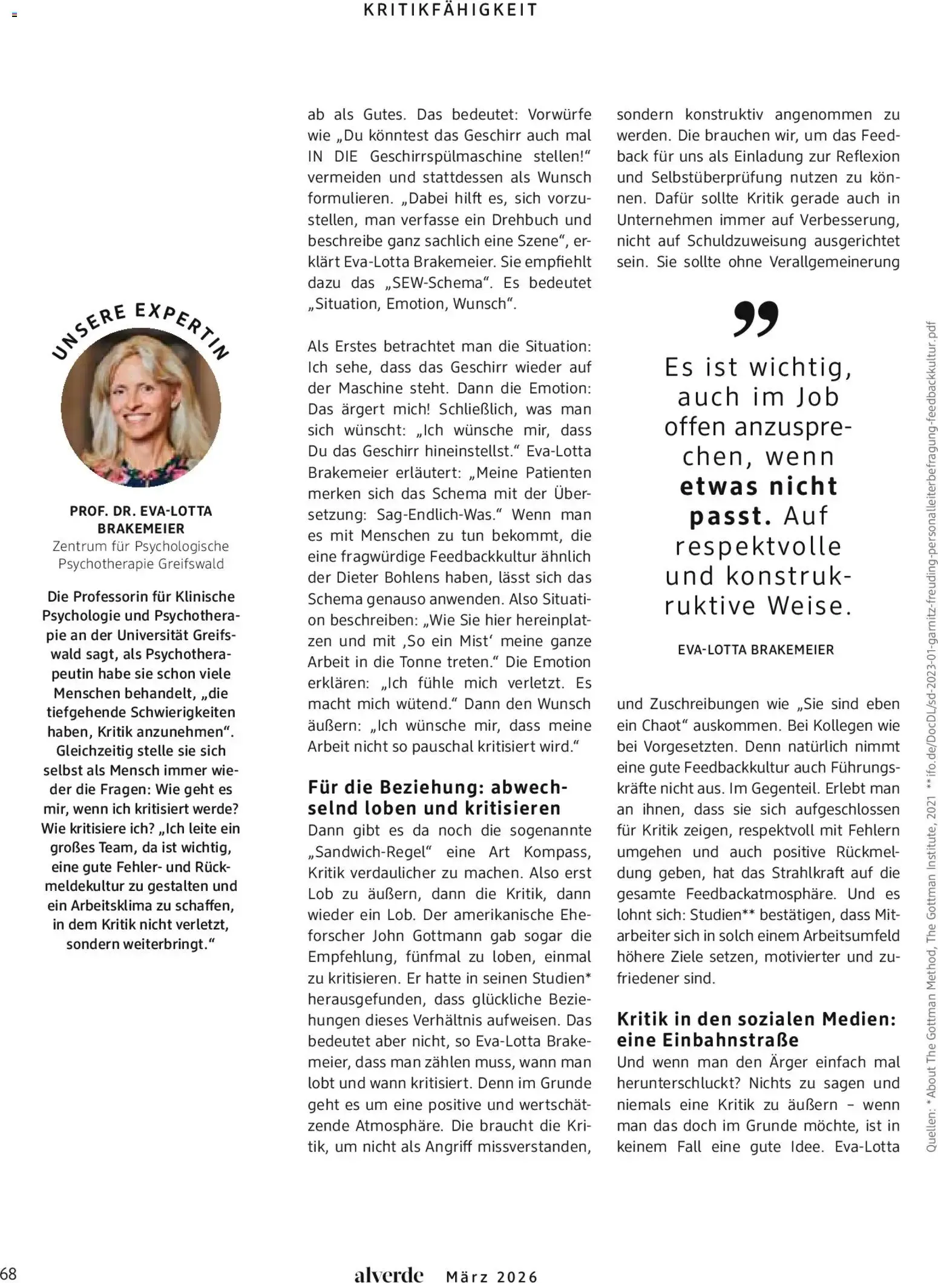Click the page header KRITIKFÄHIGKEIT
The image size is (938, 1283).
450,10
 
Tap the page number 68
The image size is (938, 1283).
9,1273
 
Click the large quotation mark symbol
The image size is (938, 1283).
756,319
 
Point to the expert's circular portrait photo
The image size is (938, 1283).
141,407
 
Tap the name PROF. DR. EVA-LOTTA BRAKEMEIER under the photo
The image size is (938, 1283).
141,520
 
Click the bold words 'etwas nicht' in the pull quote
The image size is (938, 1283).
758,486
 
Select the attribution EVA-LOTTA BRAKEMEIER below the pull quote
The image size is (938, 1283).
756,650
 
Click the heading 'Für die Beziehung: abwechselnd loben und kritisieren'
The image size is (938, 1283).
437,797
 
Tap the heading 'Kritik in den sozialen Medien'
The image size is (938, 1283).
756,1019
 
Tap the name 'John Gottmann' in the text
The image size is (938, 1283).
422,936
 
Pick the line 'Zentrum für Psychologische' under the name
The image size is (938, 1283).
141,546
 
